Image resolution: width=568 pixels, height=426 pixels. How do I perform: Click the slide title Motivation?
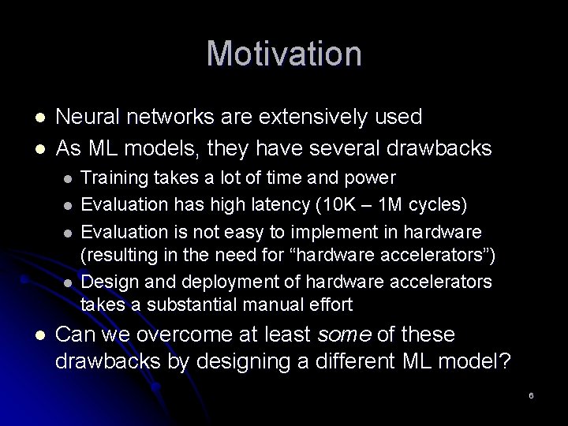coord(284,54)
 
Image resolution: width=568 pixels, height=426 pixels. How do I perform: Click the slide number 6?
coord(531,394)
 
